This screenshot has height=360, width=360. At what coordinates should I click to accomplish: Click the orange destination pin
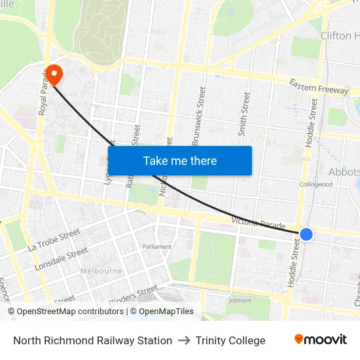click(x=53, y=74)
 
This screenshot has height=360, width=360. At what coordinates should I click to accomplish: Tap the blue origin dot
click(x=306, y=234)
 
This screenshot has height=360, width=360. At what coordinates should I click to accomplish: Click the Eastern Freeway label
click(x=319, y=86)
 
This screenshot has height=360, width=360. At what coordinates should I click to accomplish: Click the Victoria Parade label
click(x=259, y=223)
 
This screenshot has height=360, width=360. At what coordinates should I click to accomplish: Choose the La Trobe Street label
click(x=54, y=240)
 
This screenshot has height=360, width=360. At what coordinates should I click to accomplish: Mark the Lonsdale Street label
click(x=61, y=259)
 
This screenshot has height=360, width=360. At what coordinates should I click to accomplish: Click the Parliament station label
click(x=157, y=247)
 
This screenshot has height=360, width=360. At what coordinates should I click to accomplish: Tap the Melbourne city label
click(x=101, y=271)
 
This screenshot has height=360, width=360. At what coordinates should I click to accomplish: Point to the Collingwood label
click(x=315, y=185)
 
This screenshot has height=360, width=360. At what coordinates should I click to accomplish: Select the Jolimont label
click(x=240, y=300)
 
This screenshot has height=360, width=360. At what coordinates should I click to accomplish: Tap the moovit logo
click(x=321, y=339)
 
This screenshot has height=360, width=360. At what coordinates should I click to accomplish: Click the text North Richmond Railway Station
click(x=92, y=340)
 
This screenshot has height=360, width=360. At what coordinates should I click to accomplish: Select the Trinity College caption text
click(x=230, y=340)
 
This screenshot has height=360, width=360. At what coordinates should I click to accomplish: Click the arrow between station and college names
click(x=184, y=340)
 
